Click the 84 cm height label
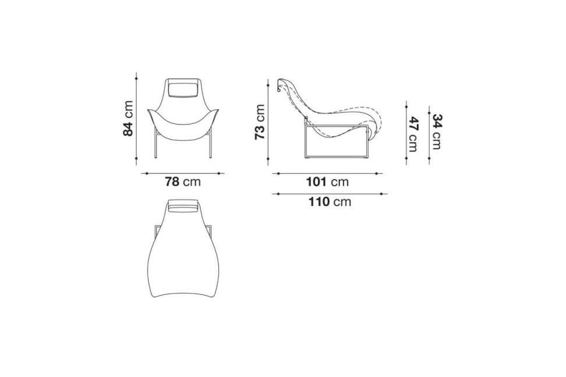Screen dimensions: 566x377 tap(128, 118)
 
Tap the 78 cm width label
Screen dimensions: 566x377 tap(183, 182)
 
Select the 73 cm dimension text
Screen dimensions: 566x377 tap(260, 122)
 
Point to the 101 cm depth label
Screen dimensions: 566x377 tap(327, 182)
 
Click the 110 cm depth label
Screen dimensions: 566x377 tap(329, 202)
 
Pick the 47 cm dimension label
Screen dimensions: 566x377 tap(413, 134)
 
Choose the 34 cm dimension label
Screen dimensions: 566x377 tap(436, 131)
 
